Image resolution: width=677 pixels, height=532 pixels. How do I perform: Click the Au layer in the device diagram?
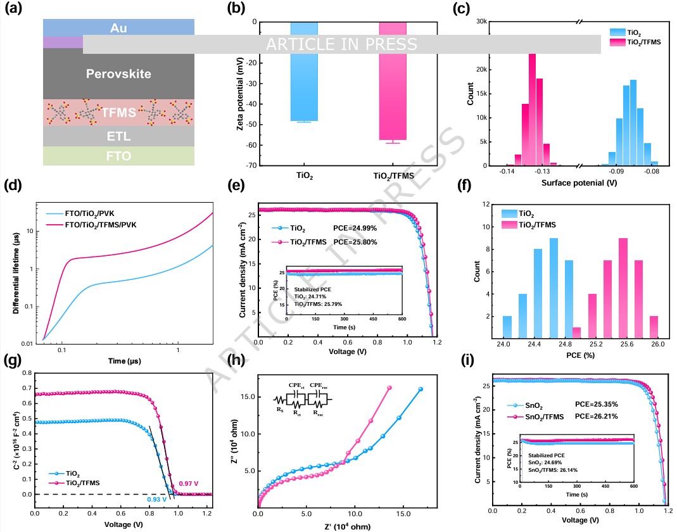coord(118,27)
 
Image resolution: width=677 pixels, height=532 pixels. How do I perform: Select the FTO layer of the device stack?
coord(118,155)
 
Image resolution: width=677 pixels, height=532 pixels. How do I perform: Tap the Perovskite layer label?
coord(118,74)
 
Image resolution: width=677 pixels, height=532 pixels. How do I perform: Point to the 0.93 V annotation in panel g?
coord(156,500)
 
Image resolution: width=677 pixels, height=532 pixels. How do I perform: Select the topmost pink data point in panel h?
coord(389,388)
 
